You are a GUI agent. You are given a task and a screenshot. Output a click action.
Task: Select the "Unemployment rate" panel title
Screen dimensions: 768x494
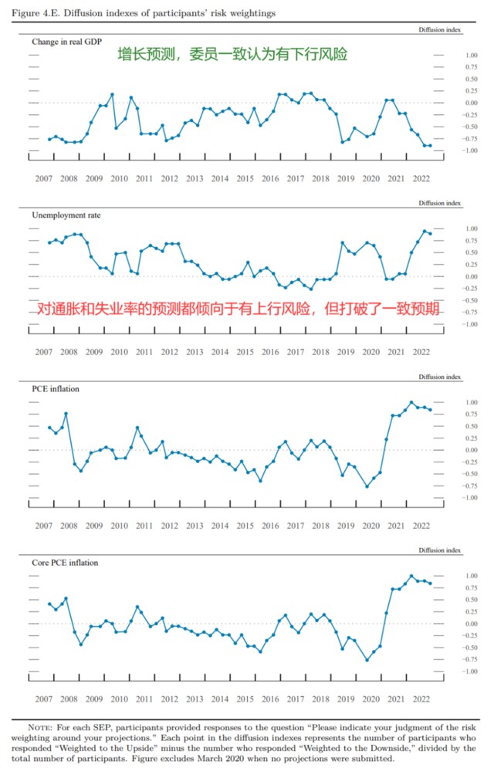tap(65, 215)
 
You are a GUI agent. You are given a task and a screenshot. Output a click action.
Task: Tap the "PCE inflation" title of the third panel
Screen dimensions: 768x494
tap(56, 388)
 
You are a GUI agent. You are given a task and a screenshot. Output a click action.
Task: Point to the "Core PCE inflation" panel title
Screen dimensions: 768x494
tap(64, 562)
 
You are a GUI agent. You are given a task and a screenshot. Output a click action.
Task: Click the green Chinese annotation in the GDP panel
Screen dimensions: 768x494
tap(232, 55)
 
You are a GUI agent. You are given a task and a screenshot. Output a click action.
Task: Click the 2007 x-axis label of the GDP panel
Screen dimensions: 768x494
tap(42, 178)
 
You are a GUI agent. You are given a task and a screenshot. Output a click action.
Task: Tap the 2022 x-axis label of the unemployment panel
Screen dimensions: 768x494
tap(421, 352)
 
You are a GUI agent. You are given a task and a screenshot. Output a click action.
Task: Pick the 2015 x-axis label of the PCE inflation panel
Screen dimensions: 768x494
tap(245, 526)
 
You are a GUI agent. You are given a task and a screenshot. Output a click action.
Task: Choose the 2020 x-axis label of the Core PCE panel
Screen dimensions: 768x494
tap(371, 699)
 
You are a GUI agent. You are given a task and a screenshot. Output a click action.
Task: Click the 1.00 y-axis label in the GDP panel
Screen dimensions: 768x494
tap(472, 55)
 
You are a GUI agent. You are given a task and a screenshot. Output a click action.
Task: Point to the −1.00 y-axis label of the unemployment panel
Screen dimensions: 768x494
tap(470, 323)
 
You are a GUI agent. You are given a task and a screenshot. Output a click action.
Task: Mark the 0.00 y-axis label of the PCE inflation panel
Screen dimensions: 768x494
tap(472, 449)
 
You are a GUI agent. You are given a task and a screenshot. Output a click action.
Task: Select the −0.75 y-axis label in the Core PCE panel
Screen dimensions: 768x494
tap(470, 659)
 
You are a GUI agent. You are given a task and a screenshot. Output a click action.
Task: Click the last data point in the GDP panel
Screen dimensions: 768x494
tap(430, 145)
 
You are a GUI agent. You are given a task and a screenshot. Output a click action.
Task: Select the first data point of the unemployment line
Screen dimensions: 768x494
tap(49, 242)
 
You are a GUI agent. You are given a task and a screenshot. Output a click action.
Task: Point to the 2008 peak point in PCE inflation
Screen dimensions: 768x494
tap(66, 414)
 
